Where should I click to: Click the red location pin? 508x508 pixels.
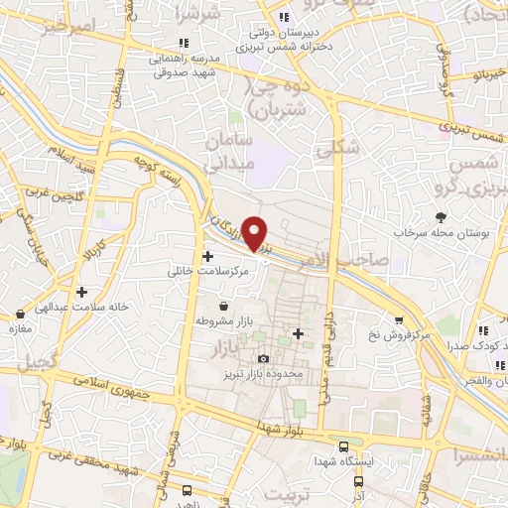(255, 232)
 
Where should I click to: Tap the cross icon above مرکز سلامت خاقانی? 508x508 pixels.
(207, 256)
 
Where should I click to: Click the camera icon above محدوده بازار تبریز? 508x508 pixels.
(263, 358)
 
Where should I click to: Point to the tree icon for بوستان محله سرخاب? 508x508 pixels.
(441, 217)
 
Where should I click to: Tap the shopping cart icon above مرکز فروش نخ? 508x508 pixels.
(398, 320)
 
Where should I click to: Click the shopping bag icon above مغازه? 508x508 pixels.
(17, 314)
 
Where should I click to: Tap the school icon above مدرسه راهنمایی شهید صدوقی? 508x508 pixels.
(183, 43)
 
